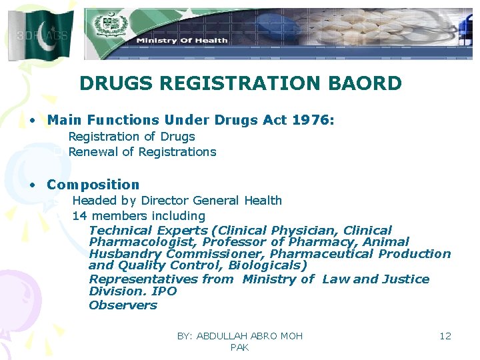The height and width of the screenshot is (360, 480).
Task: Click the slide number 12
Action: click(x=445, y=336)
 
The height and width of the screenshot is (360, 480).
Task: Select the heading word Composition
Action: click(x=93, y=185)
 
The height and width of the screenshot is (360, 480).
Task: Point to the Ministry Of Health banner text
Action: click(x=182, y=41)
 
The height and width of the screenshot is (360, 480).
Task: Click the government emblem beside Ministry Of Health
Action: click(x=107, y=27)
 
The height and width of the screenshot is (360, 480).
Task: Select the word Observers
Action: click(x=123, y=305)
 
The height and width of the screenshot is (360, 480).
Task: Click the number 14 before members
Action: click(x=79, y=216)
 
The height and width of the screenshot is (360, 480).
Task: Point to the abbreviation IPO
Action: click(x=164, y=291)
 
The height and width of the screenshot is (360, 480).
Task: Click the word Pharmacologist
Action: click(x=143, y=242)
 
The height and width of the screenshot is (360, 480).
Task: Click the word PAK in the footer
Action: click(x=239, y=348)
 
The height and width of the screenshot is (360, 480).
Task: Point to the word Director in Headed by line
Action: click(x=162, y=201)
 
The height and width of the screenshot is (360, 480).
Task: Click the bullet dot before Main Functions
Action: click(x=32, y=121)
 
